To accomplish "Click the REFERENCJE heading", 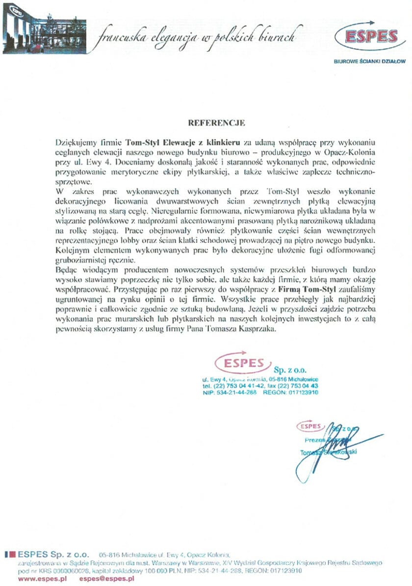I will tap(216, 122).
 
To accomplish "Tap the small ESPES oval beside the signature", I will tap(310, 426).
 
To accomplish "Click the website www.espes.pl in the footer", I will tap(36, 579).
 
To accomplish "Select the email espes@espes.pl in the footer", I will tap(106, 579).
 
